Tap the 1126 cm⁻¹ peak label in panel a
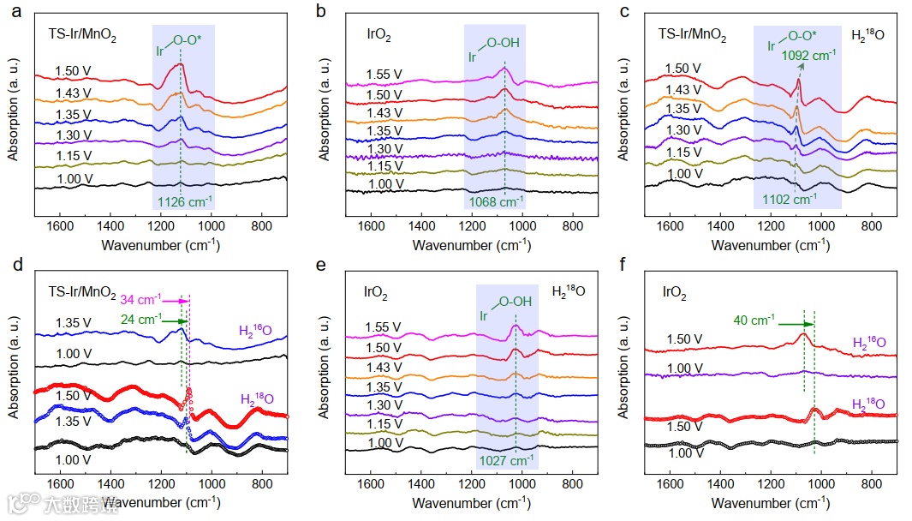click(183, 202)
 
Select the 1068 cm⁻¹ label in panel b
click(496, 202)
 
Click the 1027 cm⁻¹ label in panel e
click(509, 460)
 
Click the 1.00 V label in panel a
click(74, 179)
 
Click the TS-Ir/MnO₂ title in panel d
click(81, 292)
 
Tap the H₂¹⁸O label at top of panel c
click(870, 36)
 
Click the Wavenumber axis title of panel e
click(473, 502)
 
